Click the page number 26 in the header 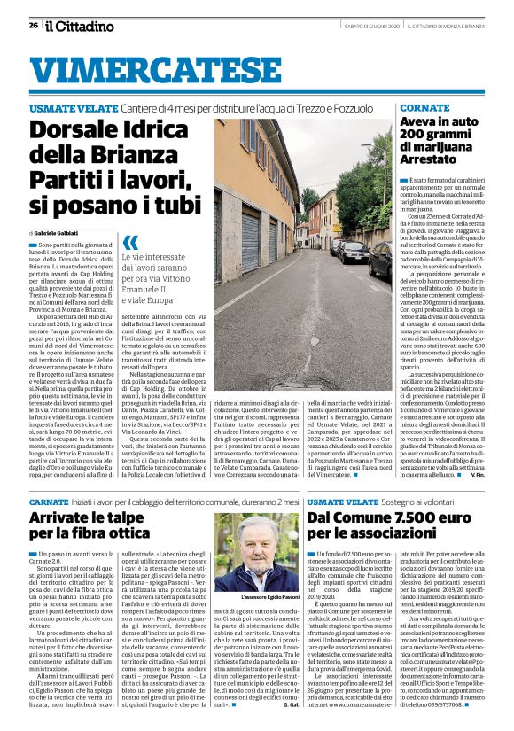(33, 26)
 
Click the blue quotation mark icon (131, 240)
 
